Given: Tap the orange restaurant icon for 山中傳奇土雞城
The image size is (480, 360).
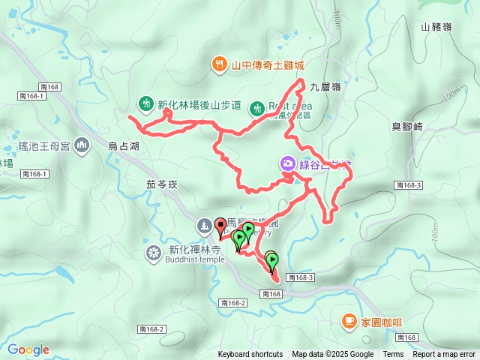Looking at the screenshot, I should click(218, 64).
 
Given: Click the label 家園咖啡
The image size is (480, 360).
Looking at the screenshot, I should click(377, 322).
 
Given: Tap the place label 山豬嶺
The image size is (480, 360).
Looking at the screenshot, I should click(436, 27).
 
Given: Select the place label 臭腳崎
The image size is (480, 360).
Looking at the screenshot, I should click(407, 127).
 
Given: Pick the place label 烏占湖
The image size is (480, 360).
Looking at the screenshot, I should click(123, 147).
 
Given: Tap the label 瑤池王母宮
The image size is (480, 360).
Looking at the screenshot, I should click(44, 145).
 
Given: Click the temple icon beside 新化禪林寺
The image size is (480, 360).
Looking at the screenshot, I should click(154, 250).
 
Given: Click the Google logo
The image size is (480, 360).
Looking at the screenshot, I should click(28, 349).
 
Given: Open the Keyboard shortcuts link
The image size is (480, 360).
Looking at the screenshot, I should click(250, 355).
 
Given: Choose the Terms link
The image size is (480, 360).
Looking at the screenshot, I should click(393, 355).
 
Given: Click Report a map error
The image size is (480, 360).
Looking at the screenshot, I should click(444, 355).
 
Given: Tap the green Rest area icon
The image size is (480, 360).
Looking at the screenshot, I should click(256, 108).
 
